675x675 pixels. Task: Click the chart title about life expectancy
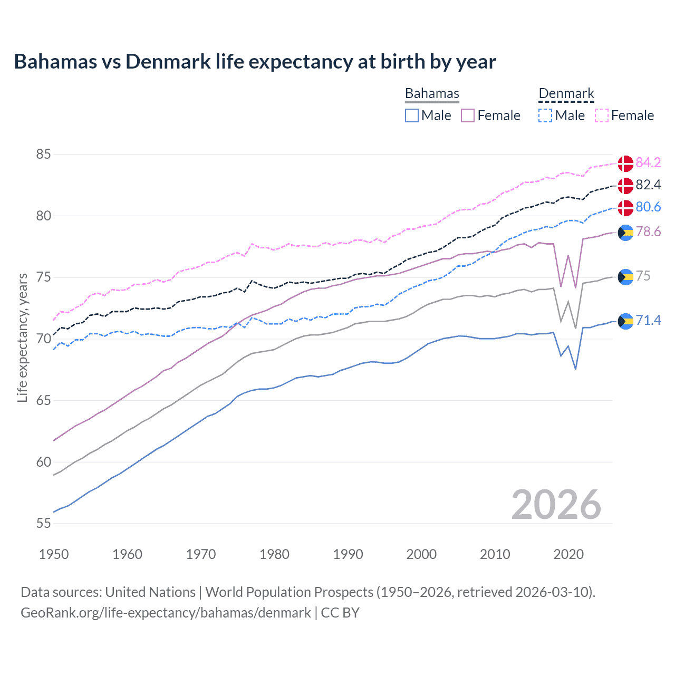point(255,62)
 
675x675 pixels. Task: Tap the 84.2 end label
point(648,162)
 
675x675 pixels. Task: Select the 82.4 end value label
point(648,185)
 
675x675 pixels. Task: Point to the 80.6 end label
point(648,207)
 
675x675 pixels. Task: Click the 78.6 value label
point(648,232)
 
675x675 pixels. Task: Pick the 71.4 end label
point(648,320)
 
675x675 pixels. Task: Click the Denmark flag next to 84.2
point(625,163)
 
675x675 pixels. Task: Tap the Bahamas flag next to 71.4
point(625,321)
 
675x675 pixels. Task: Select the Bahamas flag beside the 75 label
point(625,277)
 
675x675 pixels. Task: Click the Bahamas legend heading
point(432,93)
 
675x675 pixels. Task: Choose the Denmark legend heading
point(566,93)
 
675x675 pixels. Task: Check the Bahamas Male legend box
point(412,115)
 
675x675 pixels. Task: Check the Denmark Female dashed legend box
point(602,115)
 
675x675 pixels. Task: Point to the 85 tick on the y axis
point(43,155)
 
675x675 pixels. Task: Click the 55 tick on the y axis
point(43,524)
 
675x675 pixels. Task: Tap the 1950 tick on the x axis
point(54,554)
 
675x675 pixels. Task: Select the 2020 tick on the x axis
point(568,554)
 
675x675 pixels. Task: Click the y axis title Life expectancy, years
point(22,337)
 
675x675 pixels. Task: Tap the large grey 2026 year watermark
point(556,505)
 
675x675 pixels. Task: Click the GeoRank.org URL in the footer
point(166,613)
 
